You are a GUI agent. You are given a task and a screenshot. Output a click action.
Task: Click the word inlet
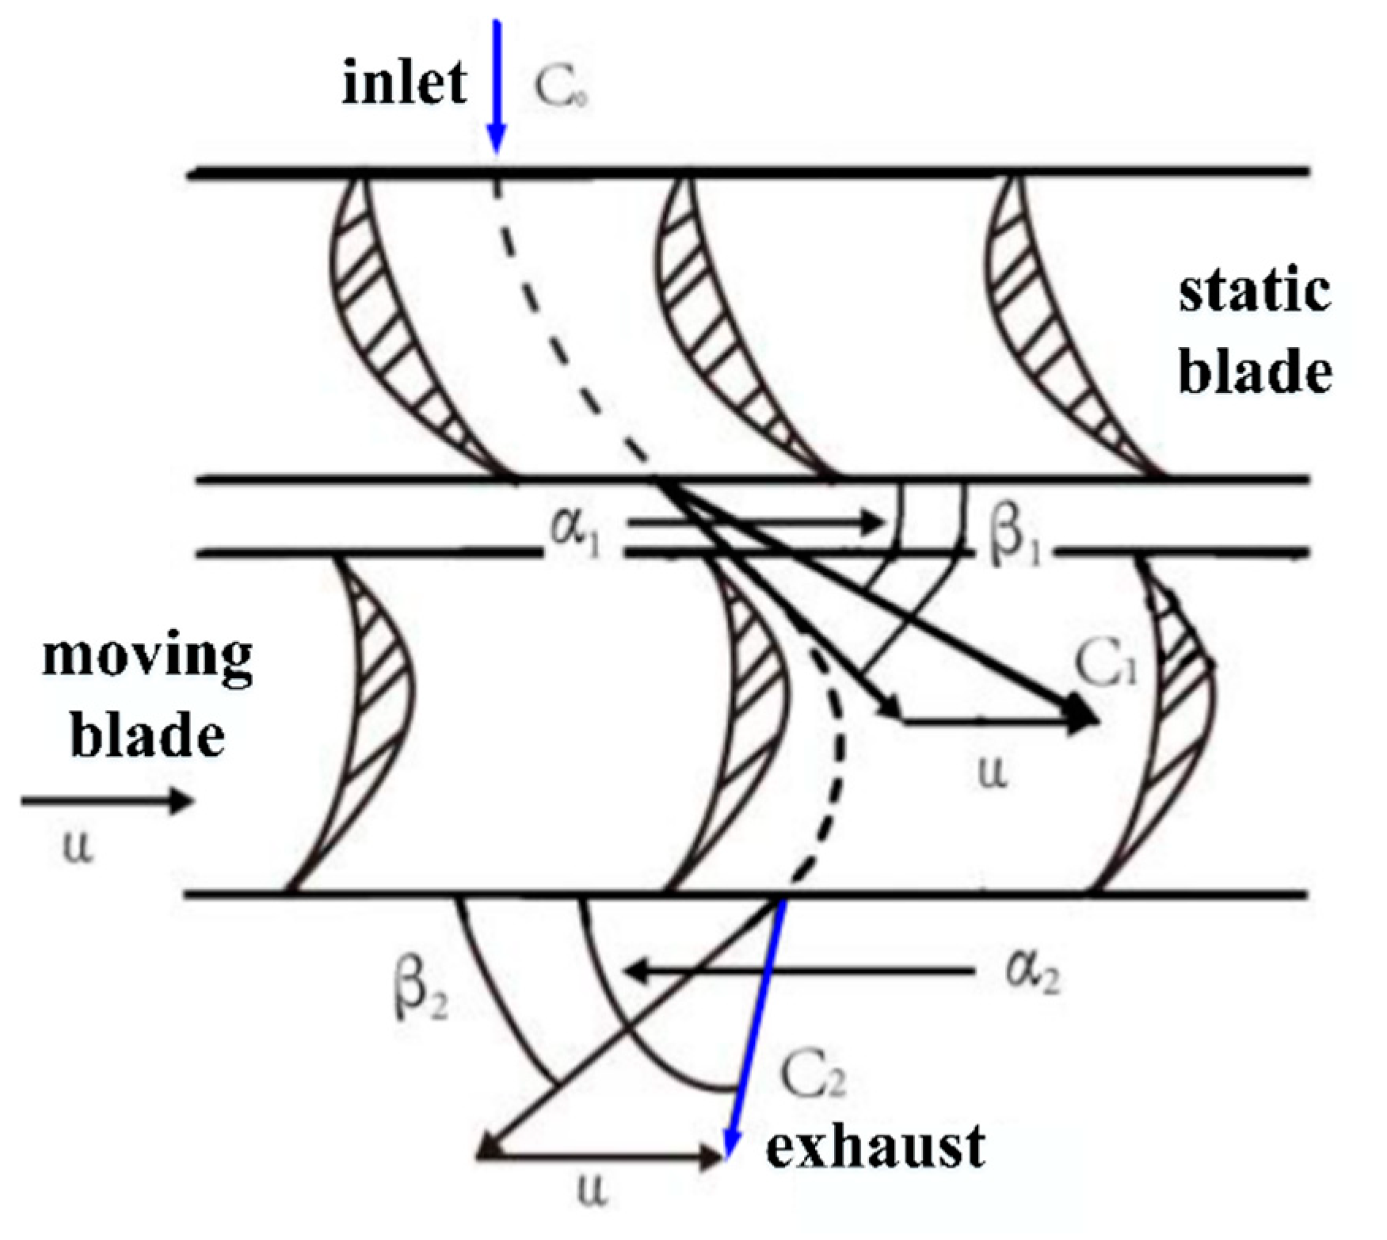[x=404, y=82]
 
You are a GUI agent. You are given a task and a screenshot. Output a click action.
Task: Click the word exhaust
[x=875, y=1147]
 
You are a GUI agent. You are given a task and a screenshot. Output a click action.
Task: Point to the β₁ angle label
[x=1014, y=540]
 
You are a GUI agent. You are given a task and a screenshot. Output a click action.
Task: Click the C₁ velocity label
[x=1106, y=664]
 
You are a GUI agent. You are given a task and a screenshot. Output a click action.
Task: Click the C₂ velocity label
[x=813, y=1075]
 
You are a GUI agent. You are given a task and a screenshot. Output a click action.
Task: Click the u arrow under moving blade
[x=107, y=802]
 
